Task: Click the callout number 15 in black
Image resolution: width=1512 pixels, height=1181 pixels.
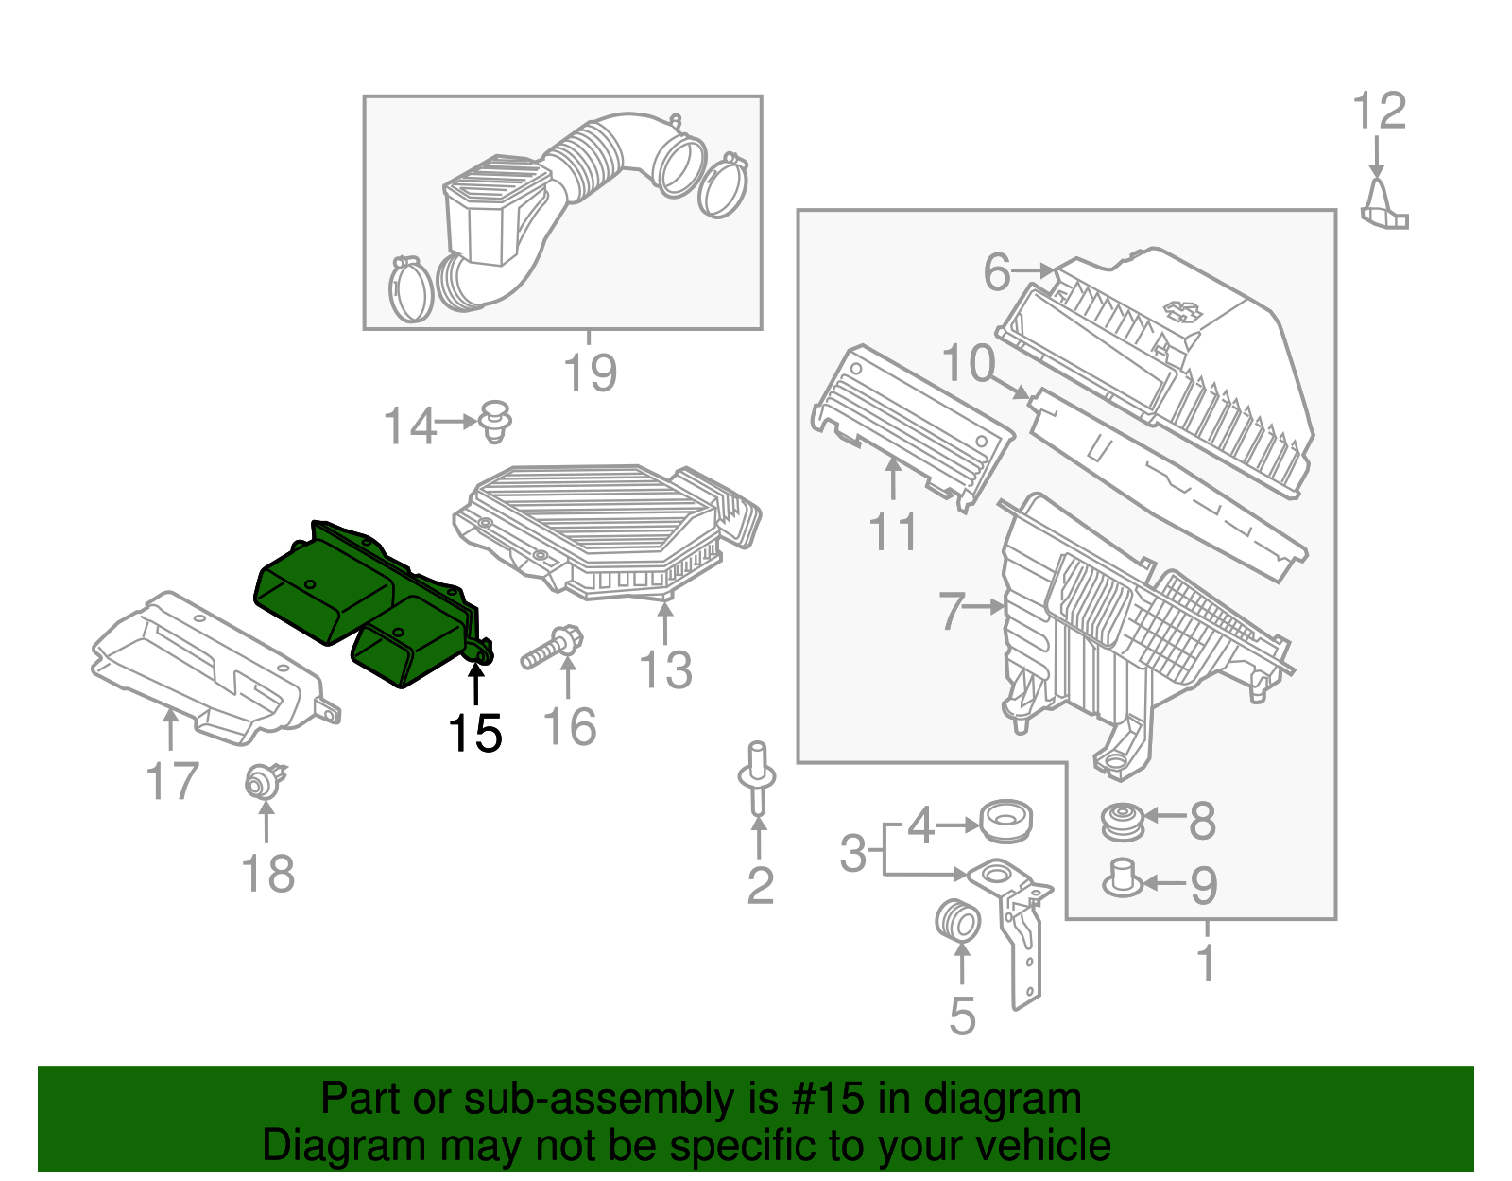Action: click(474, 733)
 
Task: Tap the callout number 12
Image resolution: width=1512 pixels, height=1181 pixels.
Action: click(1380, 112)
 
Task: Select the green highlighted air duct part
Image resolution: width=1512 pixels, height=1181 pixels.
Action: click(369, 600)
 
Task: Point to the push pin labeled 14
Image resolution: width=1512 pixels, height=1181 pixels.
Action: click(495, 421)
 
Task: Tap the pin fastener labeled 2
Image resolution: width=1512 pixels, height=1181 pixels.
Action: click(757, 776)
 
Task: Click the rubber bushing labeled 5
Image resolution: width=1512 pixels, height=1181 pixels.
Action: click(957, 921)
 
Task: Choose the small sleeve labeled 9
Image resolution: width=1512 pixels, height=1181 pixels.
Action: click(1122, 877)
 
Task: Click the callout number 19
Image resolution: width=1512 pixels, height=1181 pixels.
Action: click(590, 373)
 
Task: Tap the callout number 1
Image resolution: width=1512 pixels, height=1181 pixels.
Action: click(1206, 963)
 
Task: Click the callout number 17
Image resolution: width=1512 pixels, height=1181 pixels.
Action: click(172, 782)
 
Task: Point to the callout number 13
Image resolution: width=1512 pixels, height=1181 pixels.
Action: click(665, 670)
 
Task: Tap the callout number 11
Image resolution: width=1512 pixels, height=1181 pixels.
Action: click(893, 532)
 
